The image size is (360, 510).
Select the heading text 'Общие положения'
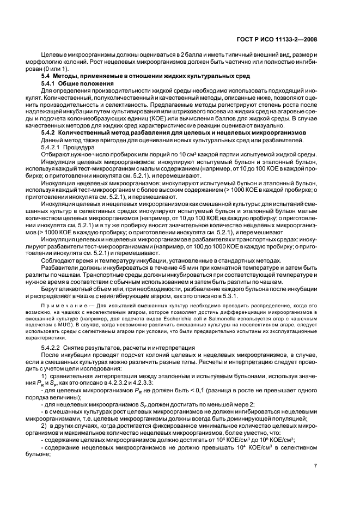click(82, 82)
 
